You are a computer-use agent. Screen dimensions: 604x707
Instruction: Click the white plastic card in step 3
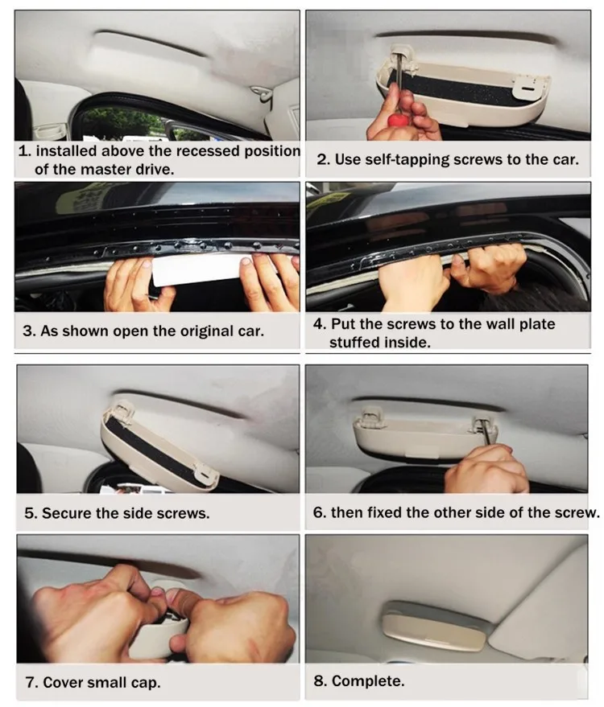(197, 269)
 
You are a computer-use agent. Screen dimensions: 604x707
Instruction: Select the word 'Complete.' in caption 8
(368, 680)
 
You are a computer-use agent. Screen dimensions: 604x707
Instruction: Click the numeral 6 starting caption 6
(317, 512)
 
